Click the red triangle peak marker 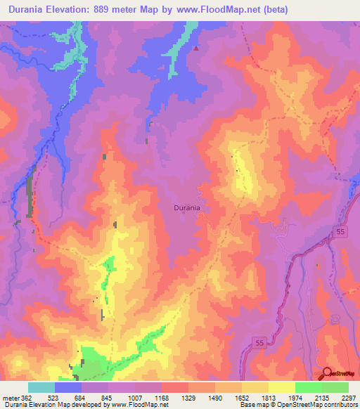[196, 49]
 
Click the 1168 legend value [162, 397]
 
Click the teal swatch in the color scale [41, 387]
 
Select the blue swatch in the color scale [68, 387]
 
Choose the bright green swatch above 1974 [309, 387]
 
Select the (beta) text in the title [272, 10]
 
